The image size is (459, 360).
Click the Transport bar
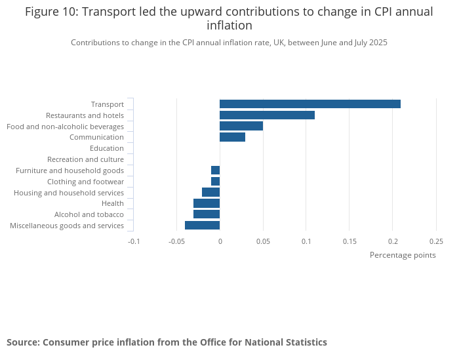(309, 104)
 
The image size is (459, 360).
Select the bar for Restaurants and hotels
(267, 115)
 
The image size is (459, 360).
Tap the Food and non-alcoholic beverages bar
(241, 126)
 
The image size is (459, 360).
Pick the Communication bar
(232, 137)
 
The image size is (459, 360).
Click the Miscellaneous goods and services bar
(202, 226)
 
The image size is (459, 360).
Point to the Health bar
(207, 203)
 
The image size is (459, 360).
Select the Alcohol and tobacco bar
(207, 214)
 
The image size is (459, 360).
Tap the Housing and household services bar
(210, 192)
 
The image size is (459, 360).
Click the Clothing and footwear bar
(215, 181)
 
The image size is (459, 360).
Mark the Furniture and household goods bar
(215, 170)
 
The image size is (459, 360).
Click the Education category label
(106, 148)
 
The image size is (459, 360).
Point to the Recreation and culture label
(85, 159)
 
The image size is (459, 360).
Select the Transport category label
(107, 104)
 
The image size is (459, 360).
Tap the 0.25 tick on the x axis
(436, 241)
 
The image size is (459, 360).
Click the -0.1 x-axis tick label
(133, 241)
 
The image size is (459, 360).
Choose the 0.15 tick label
(349, 241)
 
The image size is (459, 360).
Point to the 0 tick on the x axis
(220, 241)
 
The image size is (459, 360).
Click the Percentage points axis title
(403, 255)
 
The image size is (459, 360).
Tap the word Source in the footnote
(22, 342)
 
